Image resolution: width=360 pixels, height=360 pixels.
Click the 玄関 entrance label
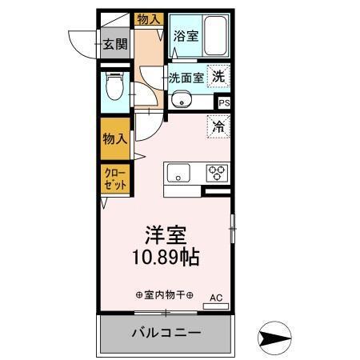pos(114,44)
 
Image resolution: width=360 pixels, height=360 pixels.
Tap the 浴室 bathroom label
pos(186,36)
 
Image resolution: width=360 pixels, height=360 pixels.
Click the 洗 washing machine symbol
pos(218,77)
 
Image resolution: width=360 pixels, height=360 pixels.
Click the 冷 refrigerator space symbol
pos(218,125)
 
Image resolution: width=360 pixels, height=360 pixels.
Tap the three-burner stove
pos(217,172)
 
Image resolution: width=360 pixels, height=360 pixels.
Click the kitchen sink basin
pos(178,172)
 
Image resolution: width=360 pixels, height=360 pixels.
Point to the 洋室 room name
pos(166,235)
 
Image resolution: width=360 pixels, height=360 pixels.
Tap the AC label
pos(214,297)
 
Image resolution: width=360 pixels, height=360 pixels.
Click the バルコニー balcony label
pos(166,332)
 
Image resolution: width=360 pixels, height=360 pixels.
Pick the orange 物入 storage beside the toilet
pos(114,138)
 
